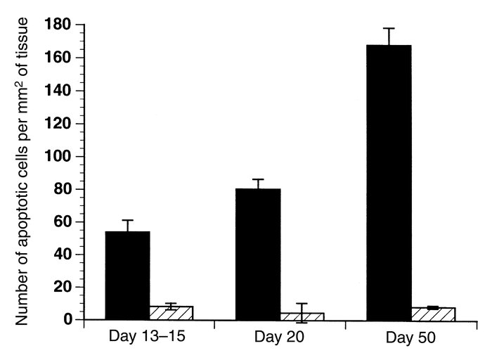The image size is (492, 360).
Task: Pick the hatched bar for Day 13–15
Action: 171,313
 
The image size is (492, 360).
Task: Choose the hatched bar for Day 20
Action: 302,316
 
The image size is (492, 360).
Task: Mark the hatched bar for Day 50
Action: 433,314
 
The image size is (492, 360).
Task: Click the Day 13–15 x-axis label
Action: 148,336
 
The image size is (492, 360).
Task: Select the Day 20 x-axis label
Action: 279,337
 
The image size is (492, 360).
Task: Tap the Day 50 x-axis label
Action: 412,337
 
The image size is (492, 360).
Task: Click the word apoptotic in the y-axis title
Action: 23,201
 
